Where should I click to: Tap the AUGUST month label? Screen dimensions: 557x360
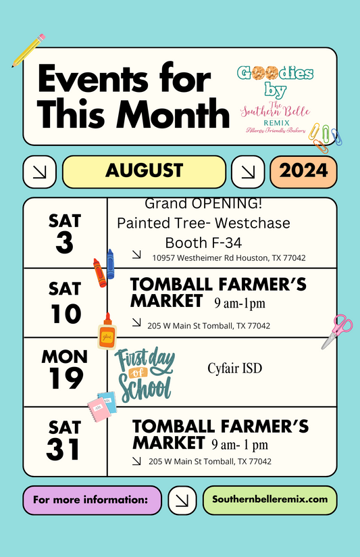[144, 171]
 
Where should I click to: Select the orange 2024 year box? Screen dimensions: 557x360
[303, 171]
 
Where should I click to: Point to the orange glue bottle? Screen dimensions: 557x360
[107, 332]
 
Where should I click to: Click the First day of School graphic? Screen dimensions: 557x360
[144, 374]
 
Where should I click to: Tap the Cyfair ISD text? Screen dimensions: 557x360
[234, 368]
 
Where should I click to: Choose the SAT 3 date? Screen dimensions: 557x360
[64, 233]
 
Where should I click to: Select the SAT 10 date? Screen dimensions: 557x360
[64, 302]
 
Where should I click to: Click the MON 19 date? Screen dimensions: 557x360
[64, 370]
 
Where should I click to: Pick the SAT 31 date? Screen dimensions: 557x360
[64, 441]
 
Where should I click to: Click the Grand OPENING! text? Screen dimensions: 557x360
[203, 203]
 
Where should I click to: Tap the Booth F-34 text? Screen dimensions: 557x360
[203, 242]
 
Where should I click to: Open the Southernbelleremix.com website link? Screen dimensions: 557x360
[269, 500]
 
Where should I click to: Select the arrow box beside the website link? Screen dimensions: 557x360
[182, 500]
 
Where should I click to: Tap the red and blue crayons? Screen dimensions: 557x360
[104, 268]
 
